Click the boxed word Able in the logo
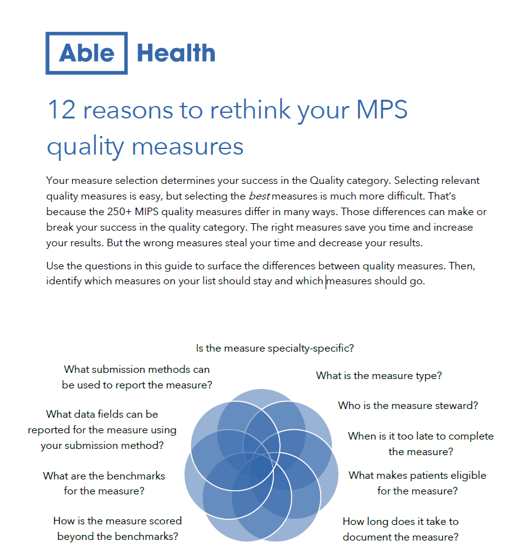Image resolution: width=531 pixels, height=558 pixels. click(87, 53)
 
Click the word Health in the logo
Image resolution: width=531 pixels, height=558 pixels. click(176, 53)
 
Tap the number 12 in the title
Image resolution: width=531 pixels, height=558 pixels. click(62, 110)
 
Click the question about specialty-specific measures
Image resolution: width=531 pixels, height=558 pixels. click(275, 348)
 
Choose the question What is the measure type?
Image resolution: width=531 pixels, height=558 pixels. click(378, 375)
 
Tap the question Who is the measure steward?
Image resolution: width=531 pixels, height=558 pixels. click(408, 405)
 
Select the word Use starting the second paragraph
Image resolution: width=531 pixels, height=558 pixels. click(55, 266)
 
